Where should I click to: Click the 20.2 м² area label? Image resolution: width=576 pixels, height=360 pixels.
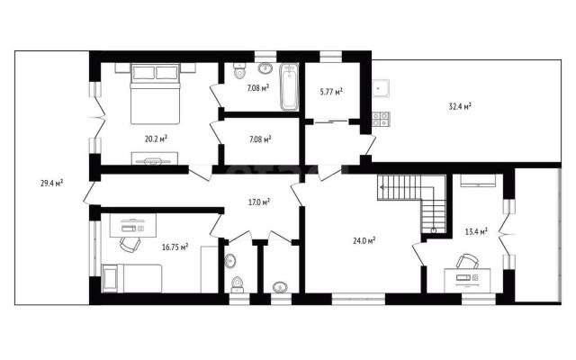tap(156, 139)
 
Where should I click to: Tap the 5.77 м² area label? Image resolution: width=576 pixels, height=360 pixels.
tap(331, 91)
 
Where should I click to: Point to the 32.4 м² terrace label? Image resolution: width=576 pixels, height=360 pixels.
tap(460, 106)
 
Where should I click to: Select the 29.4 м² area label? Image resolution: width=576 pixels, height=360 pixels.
tap(52, 183)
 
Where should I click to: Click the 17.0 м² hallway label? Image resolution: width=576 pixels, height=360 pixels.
tap(259, 202)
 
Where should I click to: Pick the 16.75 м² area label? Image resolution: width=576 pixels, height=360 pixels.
tap(175, 247)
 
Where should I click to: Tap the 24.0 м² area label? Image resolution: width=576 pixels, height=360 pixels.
tap(364, 241)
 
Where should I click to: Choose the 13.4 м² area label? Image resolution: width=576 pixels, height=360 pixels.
tap(476, 231)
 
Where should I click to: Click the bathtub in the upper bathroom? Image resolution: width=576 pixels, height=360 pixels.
tap(290, 87)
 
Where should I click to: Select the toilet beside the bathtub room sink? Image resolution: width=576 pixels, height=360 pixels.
tap(240, 71)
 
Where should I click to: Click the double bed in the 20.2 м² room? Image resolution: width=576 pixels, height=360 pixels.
tap(155, 94)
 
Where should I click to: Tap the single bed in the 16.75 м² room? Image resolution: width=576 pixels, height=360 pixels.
tap(132, 278)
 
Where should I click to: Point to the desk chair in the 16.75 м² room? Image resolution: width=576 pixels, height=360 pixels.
tap(130, 244)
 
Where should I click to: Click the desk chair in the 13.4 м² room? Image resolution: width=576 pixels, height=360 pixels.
tap(467, 261)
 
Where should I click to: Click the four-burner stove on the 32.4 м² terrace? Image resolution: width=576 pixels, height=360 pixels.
tap(381, 119)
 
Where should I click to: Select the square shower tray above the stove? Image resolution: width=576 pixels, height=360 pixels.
tap(381, 88)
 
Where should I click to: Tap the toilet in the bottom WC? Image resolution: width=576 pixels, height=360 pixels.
tap(238, 284)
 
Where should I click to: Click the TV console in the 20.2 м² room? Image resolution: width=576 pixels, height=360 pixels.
tap(155, 158)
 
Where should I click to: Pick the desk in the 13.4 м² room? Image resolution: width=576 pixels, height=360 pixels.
tap(467, 281)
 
